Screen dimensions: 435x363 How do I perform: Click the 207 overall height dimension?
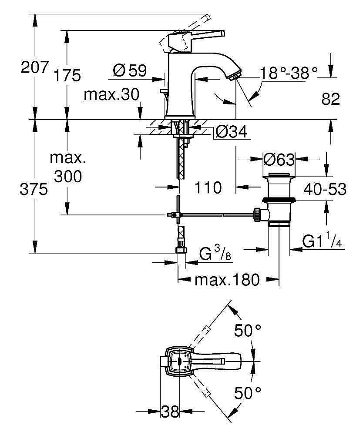click(x=33, y=68)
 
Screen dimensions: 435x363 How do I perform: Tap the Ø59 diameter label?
click(x=130, y=70)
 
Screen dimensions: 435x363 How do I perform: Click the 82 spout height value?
click(x=330, y=99)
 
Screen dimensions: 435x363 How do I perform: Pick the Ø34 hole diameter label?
click(x=231, y=131)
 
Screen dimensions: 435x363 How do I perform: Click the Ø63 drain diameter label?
click(x=279, y=160)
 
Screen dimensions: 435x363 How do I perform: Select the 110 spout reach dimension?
click(x=208, y=188)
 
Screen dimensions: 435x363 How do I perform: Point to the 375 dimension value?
click(x=33, y=189)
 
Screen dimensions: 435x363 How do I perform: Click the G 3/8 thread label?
click(x=215, y=254)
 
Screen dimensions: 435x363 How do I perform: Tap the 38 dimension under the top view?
click(x=171, y=412)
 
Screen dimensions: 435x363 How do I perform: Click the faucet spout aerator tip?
click(x=235, y=74)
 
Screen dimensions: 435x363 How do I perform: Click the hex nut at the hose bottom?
click(x=180, y=250)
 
